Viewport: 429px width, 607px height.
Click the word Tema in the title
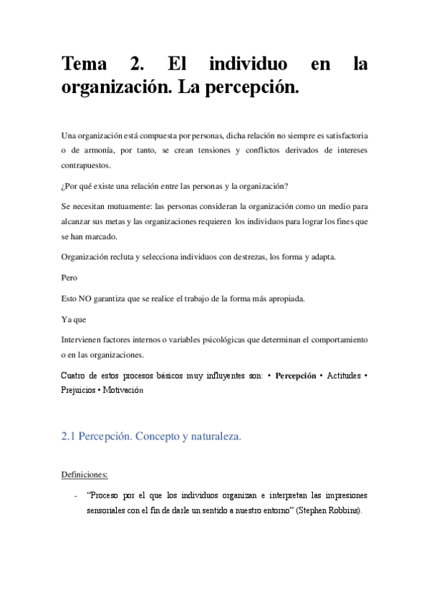click(84, 64)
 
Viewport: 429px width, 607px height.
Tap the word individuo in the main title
click(249, 64)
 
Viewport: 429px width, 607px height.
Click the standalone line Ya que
click(74, 319)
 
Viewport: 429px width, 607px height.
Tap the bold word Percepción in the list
click(296, 375)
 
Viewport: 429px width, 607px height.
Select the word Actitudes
click(343, 375)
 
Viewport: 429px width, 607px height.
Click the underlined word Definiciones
click(85, 474)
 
